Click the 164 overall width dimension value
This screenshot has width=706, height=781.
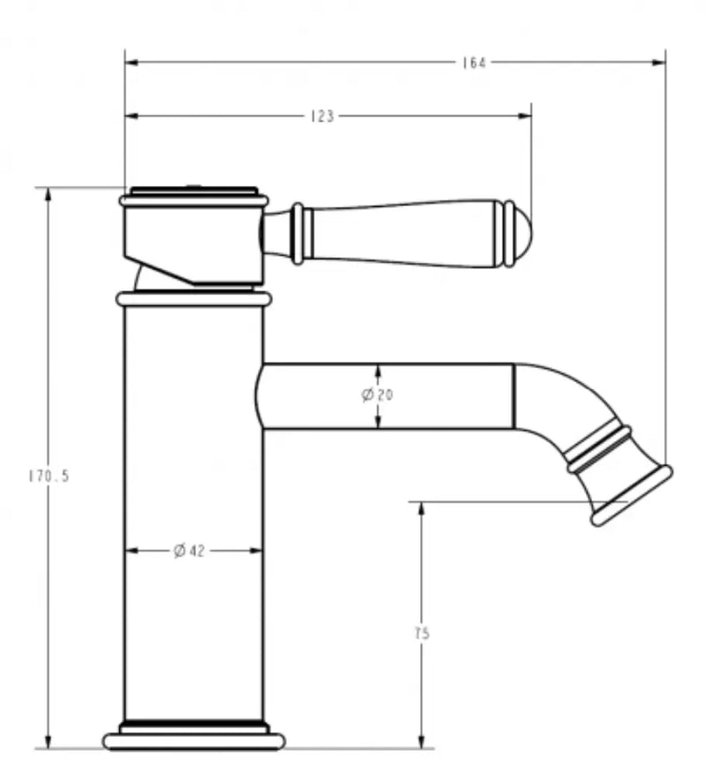(474, 63)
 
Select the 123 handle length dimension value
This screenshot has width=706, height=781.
(323, 116)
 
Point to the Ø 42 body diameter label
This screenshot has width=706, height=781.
(190, 551)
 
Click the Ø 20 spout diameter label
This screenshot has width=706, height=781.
(378, 395)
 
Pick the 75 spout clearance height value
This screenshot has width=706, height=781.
(423, 633)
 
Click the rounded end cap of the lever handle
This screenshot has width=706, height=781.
(522, 234)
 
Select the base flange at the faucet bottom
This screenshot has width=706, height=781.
(194, 740)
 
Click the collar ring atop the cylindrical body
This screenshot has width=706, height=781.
(193, 299)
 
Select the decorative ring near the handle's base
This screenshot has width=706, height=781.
(298, 234)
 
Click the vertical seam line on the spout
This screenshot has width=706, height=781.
(514, 396)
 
